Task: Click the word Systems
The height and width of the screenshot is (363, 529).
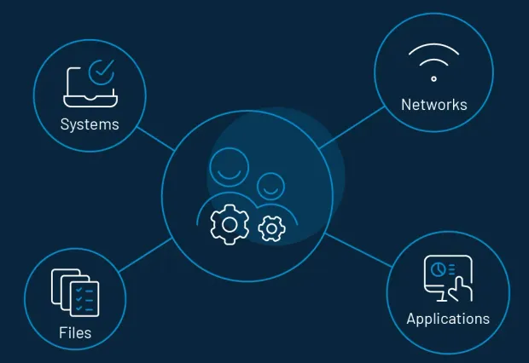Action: [x=90, y=124]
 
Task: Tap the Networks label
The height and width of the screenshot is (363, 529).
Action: [x=434, y=105]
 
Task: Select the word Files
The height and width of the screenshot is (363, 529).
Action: [x=75, y=332]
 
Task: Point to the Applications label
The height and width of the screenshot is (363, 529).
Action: [x=448, y=319]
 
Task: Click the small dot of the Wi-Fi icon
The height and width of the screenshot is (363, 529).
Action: [x=433, y=79]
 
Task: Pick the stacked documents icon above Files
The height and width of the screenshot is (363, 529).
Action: [x=75, y=292]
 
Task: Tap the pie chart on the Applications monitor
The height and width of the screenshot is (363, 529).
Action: [x=438, y=269]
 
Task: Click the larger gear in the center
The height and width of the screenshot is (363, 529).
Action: [x=230, y=224]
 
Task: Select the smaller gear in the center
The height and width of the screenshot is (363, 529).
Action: [x=271, y=228]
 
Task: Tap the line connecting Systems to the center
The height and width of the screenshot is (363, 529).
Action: [x=156, y=139]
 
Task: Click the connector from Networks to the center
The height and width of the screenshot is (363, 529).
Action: [x=352, y=128]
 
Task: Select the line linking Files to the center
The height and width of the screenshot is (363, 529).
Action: [x=146, y=255]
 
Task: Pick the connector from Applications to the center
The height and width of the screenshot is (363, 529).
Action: [x=358, y=250]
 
